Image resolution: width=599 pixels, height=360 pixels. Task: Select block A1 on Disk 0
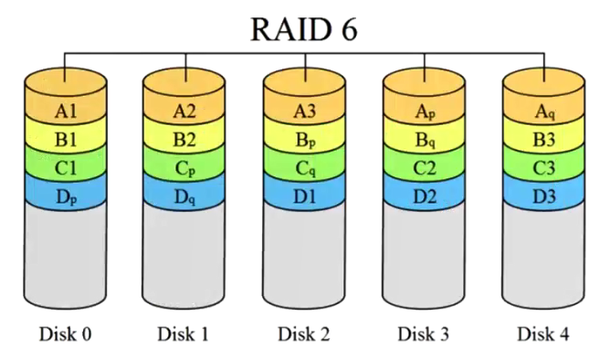tap(65, 111)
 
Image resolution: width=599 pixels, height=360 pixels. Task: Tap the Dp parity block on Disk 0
tap(65, 195)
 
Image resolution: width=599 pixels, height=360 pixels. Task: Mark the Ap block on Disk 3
tap(425, 111)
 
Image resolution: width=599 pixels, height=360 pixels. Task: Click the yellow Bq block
tap(425, 141)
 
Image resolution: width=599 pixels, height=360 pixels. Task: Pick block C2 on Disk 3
tap(425, 168)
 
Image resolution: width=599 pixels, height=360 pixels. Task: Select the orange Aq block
tap(545, 111)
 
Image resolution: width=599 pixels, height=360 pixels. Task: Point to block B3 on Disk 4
tap(545, 141)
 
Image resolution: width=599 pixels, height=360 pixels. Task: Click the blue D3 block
tap(545, 195)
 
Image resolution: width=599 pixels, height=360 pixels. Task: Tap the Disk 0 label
tap(65, 334)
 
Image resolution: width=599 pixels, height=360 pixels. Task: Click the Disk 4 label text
tap(545, 334)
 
